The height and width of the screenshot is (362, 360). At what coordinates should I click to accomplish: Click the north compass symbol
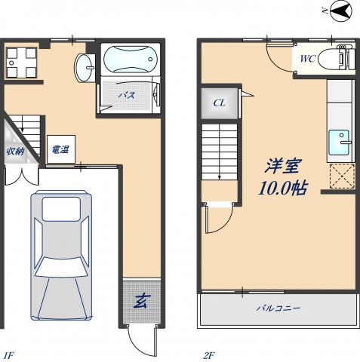point(340,11)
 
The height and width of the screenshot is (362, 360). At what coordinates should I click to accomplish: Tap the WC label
point(308,59)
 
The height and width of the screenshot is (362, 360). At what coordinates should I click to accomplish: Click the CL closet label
point(220,103)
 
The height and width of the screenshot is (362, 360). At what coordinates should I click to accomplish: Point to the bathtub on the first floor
point(131,59)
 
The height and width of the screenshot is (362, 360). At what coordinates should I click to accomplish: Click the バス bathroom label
point(127,95)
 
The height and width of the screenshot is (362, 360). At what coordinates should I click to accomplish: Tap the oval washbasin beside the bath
point(85,67)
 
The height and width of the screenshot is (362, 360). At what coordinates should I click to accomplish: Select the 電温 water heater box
point(61,149)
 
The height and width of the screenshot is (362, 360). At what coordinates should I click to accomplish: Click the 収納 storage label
point(16,151)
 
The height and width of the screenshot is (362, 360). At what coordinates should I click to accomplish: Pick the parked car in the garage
point(61,255)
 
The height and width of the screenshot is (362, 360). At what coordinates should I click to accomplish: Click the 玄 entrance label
point(142,301)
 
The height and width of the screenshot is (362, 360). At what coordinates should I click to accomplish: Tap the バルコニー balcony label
point(278,308)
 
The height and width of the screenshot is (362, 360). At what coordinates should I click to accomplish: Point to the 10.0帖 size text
point(283,188)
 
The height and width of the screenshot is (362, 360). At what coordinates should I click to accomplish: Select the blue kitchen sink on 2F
point(339,143)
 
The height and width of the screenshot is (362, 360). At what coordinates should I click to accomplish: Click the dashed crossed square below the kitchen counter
point(342,176)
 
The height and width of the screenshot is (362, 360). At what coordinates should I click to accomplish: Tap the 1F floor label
point(9,355)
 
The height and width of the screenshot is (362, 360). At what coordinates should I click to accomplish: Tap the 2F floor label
point(209,355)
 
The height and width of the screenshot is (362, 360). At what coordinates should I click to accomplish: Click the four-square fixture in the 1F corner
point(21,63)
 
